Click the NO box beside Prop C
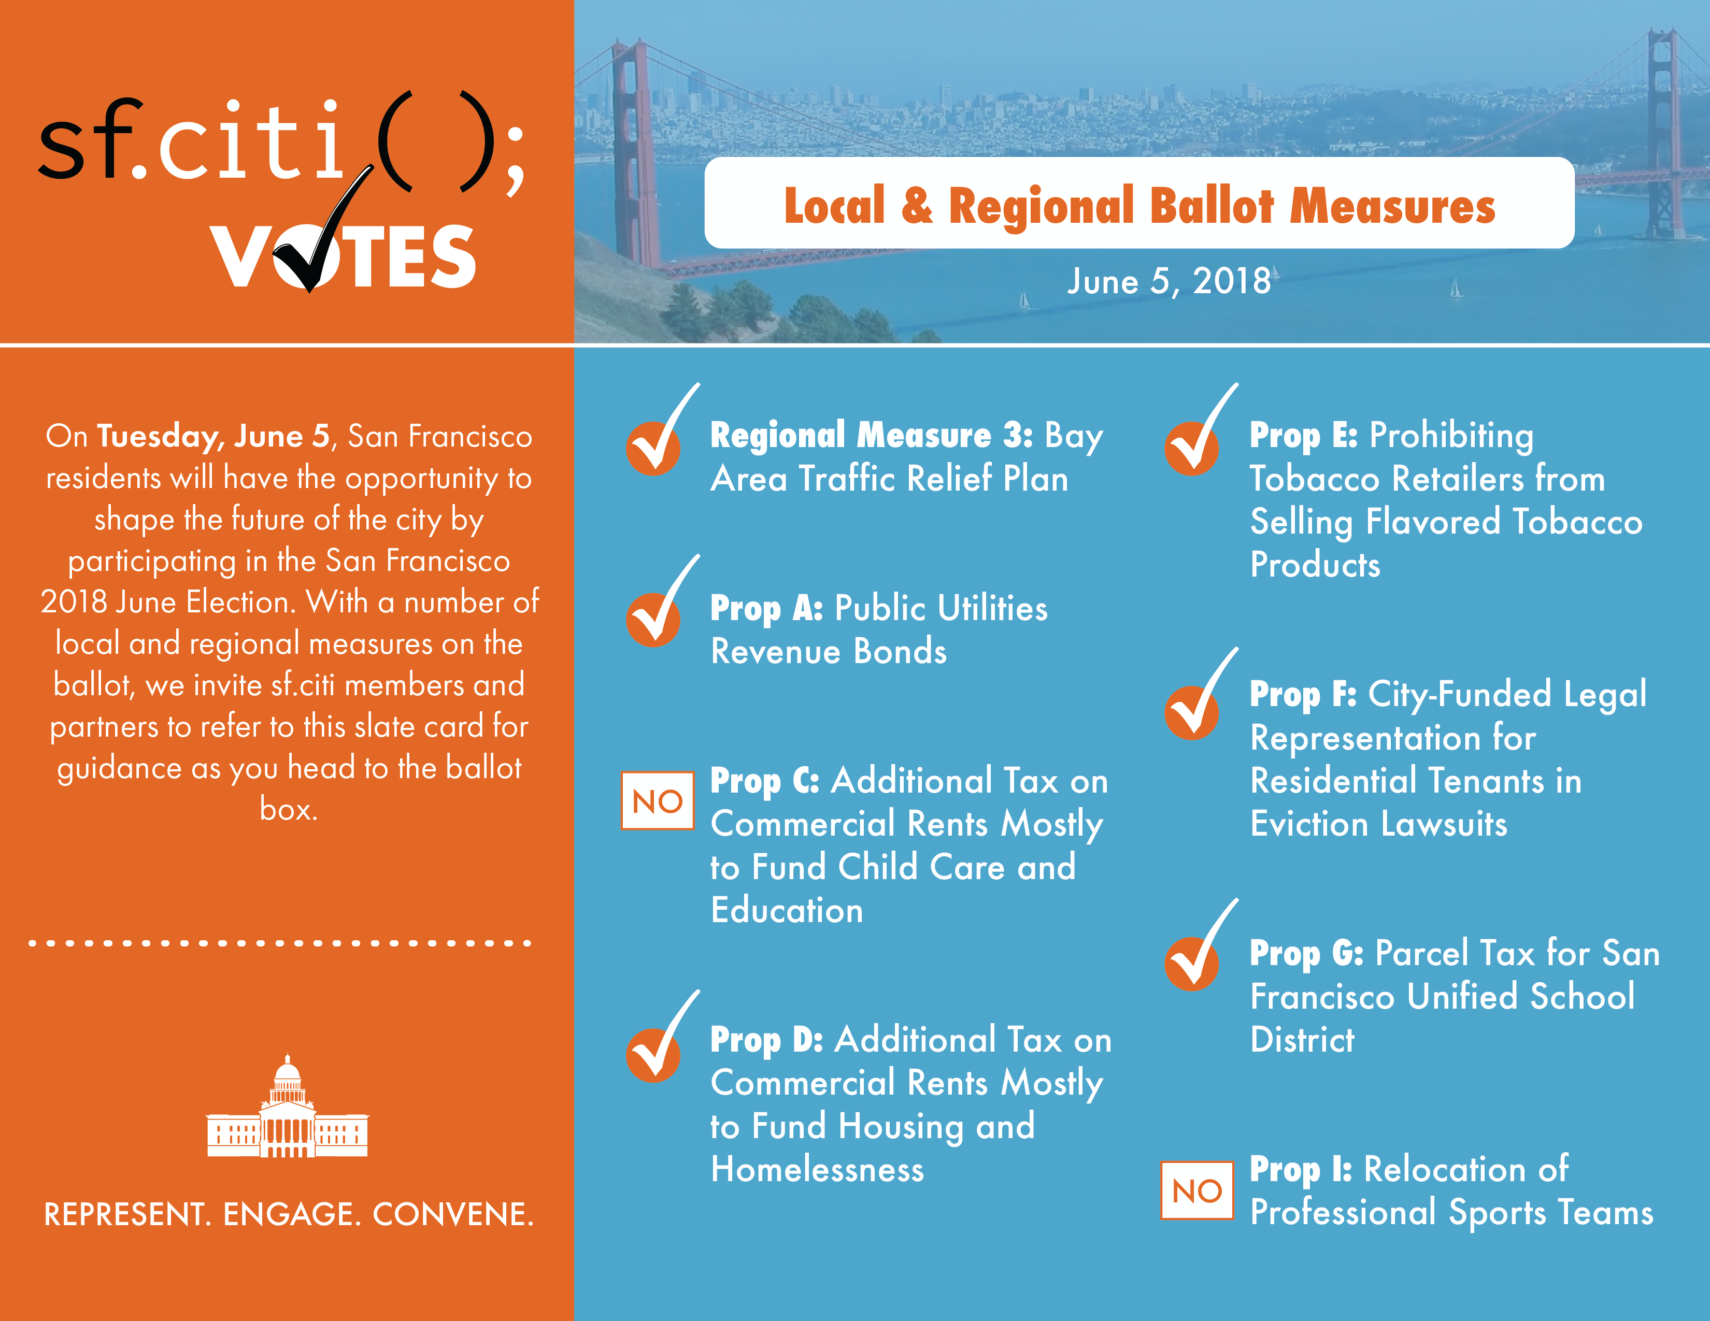657,800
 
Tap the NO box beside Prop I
1196,1190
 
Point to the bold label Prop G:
1306,953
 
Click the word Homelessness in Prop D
817,1169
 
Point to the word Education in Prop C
787,910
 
